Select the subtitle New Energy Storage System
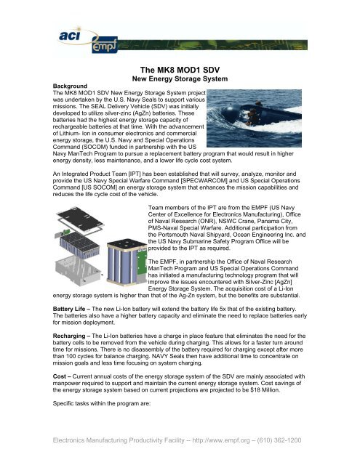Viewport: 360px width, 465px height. tap(179, 78)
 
